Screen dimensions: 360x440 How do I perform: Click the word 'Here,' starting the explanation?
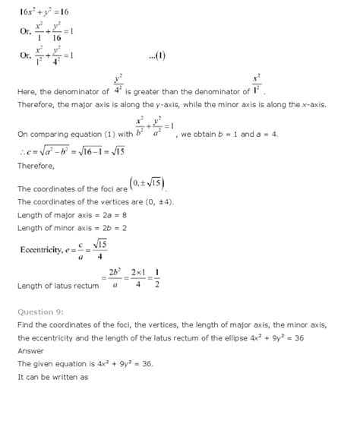click(28, 92)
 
